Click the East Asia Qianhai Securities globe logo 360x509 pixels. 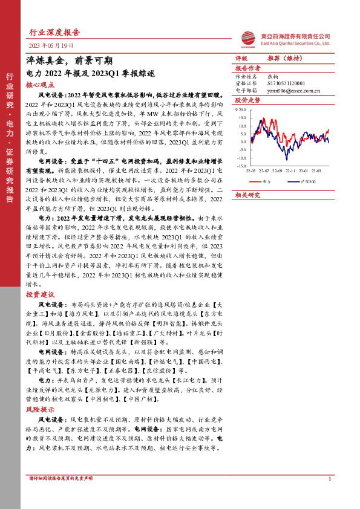point(247,38)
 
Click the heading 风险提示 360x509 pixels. point(40,409)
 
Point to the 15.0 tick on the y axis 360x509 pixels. point(242,118)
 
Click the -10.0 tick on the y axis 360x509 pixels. point(241,157)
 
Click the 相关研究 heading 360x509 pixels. point(247,195)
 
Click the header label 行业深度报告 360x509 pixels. point(54,32)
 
